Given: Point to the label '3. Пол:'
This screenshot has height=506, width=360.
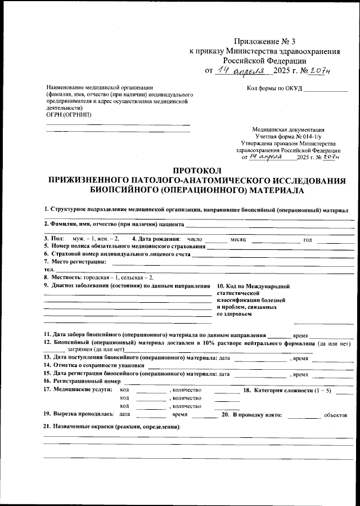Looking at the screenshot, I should click(x=54, y=239).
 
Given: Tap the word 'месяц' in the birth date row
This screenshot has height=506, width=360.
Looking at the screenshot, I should click(x=238, y=240).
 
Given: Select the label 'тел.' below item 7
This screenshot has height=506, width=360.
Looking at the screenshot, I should click(x=49, y=270).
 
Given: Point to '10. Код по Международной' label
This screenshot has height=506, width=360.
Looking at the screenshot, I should click(x=253, y=286).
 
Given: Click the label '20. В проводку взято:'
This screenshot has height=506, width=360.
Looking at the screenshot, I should click(x=253, y=414).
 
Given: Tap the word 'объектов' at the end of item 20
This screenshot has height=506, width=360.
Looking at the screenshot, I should click(x=336, y=415).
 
